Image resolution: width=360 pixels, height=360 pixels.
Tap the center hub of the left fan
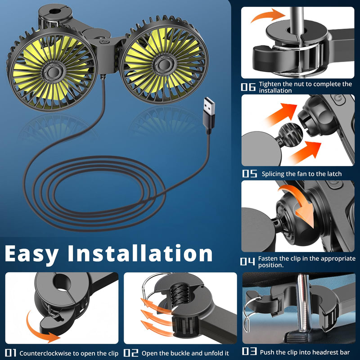pos(54,72)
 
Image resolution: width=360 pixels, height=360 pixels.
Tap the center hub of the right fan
pos(163,65)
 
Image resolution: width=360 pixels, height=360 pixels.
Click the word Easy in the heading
pos(31,254)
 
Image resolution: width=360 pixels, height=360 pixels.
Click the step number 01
pos(10,353)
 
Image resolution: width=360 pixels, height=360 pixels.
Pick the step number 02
pos(131,353)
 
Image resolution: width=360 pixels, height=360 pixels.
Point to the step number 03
pos(249,351)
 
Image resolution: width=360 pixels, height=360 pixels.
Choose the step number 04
pos(247,261)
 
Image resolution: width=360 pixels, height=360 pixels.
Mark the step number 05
pos(250,174)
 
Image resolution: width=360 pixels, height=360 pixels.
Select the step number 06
pos(248,87)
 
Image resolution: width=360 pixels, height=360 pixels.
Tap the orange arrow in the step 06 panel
pos(267,15)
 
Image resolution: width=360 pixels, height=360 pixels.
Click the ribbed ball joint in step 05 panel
pos(290,134)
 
